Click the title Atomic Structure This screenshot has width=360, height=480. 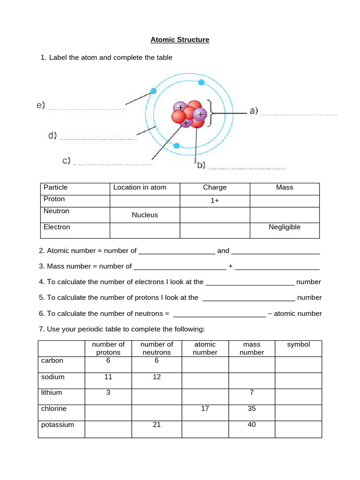[x=180, y=40]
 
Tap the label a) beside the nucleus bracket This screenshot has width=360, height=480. [x=254, y=111]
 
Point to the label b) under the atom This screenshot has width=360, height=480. [x=200, y=165]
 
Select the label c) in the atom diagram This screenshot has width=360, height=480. [x=66, y=161]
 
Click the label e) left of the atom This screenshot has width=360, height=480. [x=41, y=105]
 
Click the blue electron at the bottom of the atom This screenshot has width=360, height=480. [x=177, y=146]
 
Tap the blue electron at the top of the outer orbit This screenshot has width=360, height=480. [x=201, y=82]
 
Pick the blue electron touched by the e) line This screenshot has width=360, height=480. [x=153, y=91]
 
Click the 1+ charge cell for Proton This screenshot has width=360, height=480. [x=215, y=200]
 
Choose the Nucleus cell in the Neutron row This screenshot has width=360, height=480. [x=145, y=215]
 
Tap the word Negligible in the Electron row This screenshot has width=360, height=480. [x=285, y=227]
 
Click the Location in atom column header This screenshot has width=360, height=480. [x=140, y=187]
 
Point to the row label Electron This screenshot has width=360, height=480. [x=57, y=227]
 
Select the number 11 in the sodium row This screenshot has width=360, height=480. [x=108, y=377]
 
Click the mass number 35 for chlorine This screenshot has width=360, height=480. [x=252, y=409]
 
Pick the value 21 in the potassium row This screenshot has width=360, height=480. [x=157, y=425]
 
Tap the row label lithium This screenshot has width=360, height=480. [x=52, y=393]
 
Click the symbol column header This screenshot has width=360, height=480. [x=299, y=345]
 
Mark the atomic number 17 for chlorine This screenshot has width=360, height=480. [x=205, y=409]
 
